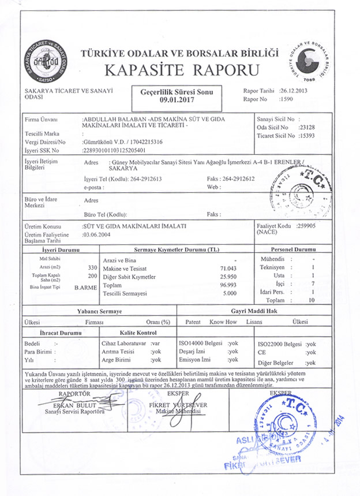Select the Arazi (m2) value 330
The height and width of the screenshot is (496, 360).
tap(92, 268)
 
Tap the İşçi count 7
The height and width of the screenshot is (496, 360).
tap(312, 285)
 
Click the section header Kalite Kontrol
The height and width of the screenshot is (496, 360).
tap(138, 333)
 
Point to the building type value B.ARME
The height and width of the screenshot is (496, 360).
tap(86, 287)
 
